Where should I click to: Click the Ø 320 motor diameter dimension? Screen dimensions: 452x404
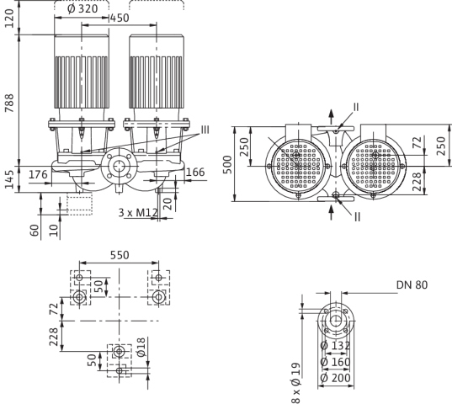tap(82, 8)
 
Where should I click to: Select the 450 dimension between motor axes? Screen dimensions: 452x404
tap(120, 19)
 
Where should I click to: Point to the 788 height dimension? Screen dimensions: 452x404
tap(9, 103)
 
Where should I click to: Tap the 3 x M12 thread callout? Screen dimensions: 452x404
tap(138, 213)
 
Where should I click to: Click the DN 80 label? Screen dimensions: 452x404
tap(412, 285)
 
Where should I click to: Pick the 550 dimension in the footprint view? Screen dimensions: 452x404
tap(120, 255)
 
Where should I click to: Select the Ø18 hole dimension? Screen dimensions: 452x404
tap(141, 347)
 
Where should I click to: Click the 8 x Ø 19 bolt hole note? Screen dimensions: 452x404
tap(295, 383)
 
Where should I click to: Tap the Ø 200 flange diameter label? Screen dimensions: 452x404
tap(335, 378)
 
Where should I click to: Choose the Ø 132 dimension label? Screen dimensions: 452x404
tap(335, 345)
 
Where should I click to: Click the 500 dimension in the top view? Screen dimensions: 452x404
tap(227, 164)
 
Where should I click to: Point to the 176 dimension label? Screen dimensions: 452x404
tap(38, 174)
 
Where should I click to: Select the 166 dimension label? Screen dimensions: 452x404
tap(195, 173)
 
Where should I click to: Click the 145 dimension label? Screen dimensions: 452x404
tap(9, 179)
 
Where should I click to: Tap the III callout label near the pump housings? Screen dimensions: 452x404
tap(205, 130)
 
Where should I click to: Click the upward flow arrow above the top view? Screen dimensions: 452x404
tap(332, 117)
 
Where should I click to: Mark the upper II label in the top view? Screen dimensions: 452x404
tap(356, 107)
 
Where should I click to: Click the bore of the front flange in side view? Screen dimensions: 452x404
tap(118, 167)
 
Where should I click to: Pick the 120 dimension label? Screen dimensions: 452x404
tap(9, 19)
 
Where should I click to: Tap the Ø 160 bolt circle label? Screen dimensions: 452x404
tap(335, 362)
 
